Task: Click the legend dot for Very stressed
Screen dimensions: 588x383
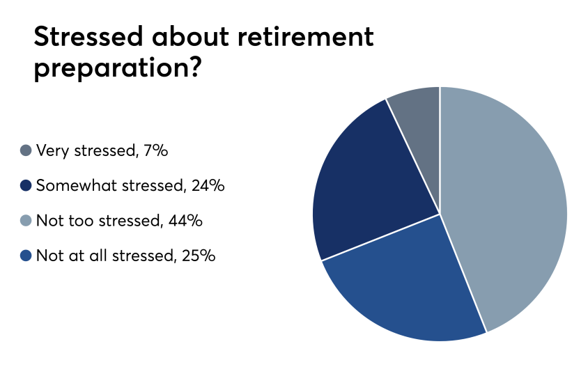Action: [x=26, y=150]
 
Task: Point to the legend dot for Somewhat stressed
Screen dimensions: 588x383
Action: [x=26, y=185]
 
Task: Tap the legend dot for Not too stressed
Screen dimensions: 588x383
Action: [x=26, y=221]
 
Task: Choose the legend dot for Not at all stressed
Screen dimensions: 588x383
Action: [x=26, y=256]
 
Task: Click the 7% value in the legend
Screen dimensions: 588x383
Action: [x=155, y=150]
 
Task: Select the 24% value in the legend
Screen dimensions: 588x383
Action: [x=208, y=185]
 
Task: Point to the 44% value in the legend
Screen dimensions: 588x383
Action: [x=185, y=221]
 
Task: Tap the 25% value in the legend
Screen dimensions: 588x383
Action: [x=199, y=256]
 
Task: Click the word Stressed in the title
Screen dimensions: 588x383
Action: [x=88, y=37]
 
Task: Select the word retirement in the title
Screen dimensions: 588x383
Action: [x=306, y=37]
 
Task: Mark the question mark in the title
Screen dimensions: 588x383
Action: [x=195, y=67]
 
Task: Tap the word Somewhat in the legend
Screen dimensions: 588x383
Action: [x=77, y=185]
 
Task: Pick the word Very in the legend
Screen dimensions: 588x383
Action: [x=53, y=151]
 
